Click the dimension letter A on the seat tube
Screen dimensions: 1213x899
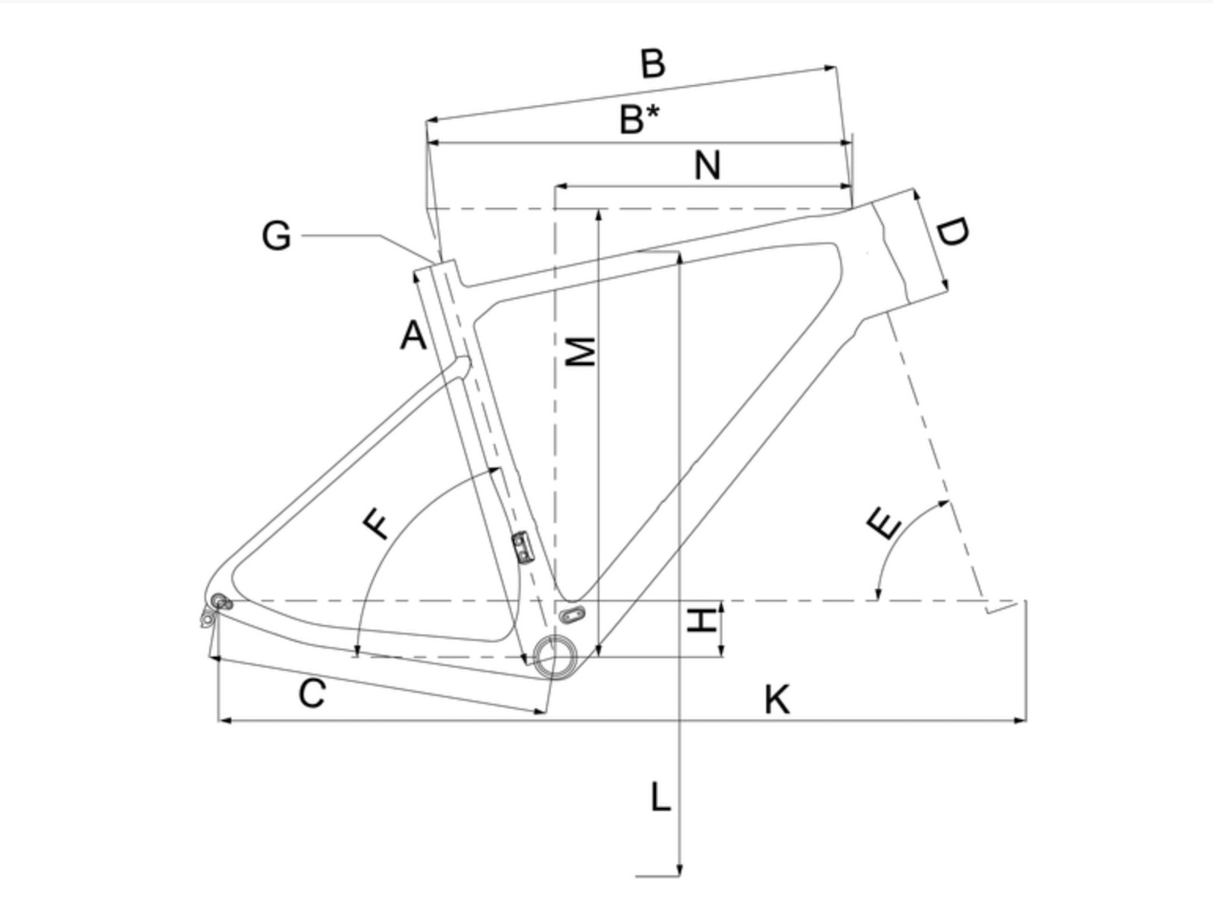(413, 335)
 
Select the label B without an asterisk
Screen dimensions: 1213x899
(653, 64)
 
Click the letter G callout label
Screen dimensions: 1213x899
(277, 237)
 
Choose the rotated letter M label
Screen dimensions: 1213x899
(580, 351)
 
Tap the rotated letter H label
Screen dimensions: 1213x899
(702, 620)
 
